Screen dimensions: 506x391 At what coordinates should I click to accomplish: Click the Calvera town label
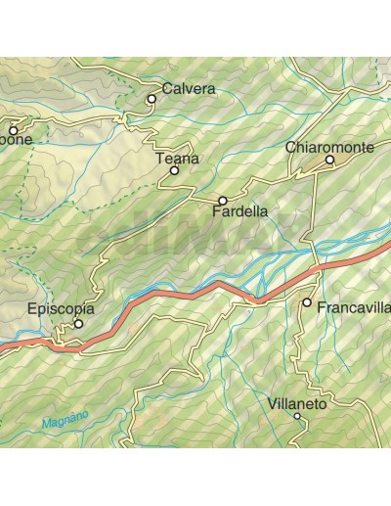coord(189,88)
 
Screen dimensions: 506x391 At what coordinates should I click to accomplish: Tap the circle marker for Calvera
coord(152,99)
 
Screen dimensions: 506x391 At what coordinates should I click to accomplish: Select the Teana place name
coord(177,158)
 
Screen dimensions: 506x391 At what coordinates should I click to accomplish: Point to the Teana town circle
coord(175,170)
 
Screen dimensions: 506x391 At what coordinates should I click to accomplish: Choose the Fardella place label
coord(239,210)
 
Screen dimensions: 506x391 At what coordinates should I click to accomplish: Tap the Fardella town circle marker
coord(223,201)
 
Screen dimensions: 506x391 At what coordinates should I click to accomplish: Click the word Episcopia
coord(61,310)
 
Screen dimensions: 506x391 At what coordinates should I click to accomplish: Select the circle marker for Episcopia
coord(79,324)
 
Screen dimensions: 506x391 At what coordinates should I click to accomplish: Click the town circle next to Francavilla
coord(307,303)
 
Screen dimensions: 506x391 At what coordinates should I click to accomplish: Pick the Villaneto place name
coord(297,402)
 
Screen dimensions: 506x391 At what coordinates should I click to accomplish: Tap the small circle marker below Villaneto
coord(298,417)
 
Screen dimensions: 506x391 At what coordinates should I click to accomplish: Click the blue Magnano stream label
coord(65,420)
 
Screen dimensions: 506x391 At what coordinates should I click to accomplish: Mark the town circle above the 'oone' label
coord(14,129)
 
